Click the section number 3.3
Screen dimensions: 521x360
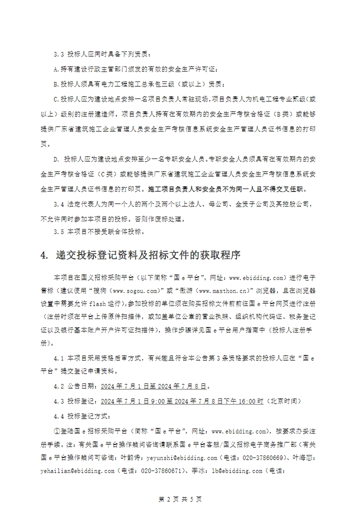click(59, 53)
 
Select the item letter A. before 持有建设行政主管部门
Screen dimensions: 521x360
click(56, 68)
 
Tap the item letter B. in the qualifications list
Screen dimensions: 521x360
click(56, 83)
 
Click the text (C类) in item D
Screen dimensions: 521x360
click(106, 174)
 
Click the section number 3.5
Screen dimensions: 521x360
click(59, 231)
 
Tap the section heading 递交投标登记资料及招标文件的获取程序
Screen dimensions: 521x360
click(148, 255)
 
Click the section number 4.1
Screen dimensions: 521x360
click(59, 358)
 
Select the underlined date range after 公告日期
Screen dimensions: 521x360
click(154, 386)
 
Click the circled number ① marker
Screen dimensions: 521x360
click(56, 430)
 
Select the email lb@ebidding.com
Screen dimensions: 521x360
click(237, 470)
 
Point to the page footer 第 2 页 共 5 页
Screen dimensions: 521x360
click(179, 499)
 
